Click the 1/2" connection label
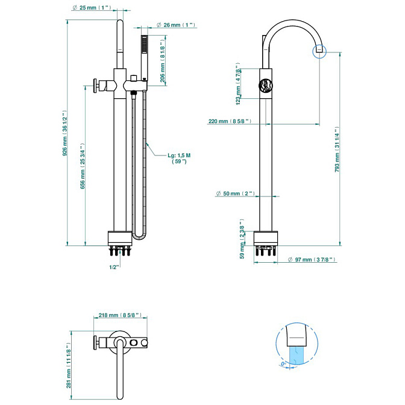[x=113, y=266]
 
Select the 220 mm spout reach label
[x=229, y=121]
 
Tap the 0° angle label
[x=284, y=365]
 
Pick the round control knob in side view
[x=265, y=86]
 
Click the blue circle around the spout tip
[x=319, y=51]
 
